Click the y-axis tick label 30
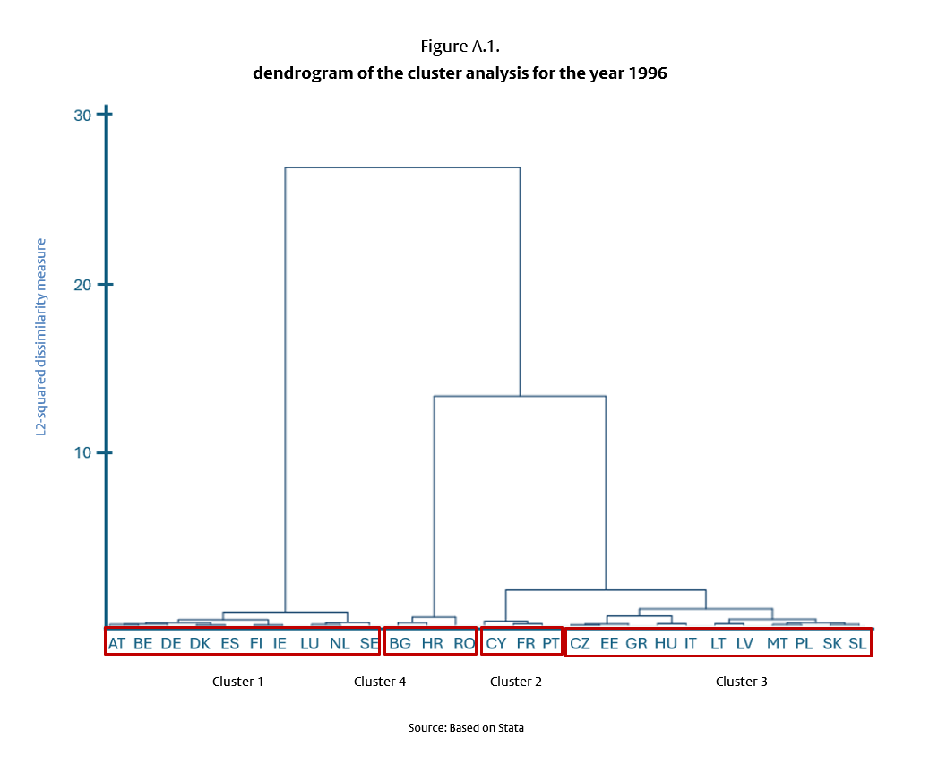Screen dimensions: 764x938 click(82, 115)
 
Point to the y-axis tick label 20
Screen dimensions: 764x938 click(82, 285)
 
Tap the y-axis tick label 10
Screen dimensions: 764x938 click(82, 453)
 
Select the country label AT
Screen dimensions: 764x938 click(116, 643)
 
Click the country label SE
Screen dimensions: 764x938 click(369, 643)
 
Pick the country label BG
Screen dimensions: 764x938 click(400, 643)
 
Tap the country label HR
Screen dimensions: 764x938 click(432, 643)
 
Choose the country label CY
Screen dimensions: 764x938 click(496, 643)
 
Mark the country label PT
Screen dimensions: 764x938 click(550, 643)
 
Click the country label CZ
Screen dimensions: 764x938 click(581, 643)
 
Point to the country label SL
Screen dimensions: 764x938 click(857, 643)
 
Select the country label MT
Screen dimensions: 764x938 click(777, 643)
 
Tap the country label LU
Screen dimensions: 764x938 click(309, 643)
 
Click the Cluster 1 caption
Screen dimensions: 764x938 click(237, 682)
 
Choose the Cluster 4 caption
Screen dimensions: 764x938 click(380, 682)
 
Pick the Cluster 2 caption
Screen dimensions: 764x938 click(516, 682)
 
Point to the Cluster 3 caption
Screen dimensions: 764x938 click(741, 682)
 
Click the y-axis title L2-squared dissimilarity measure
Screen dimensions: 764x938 click(41, 337)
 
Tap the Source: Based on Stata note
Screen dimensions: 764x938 click(466, 728)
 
